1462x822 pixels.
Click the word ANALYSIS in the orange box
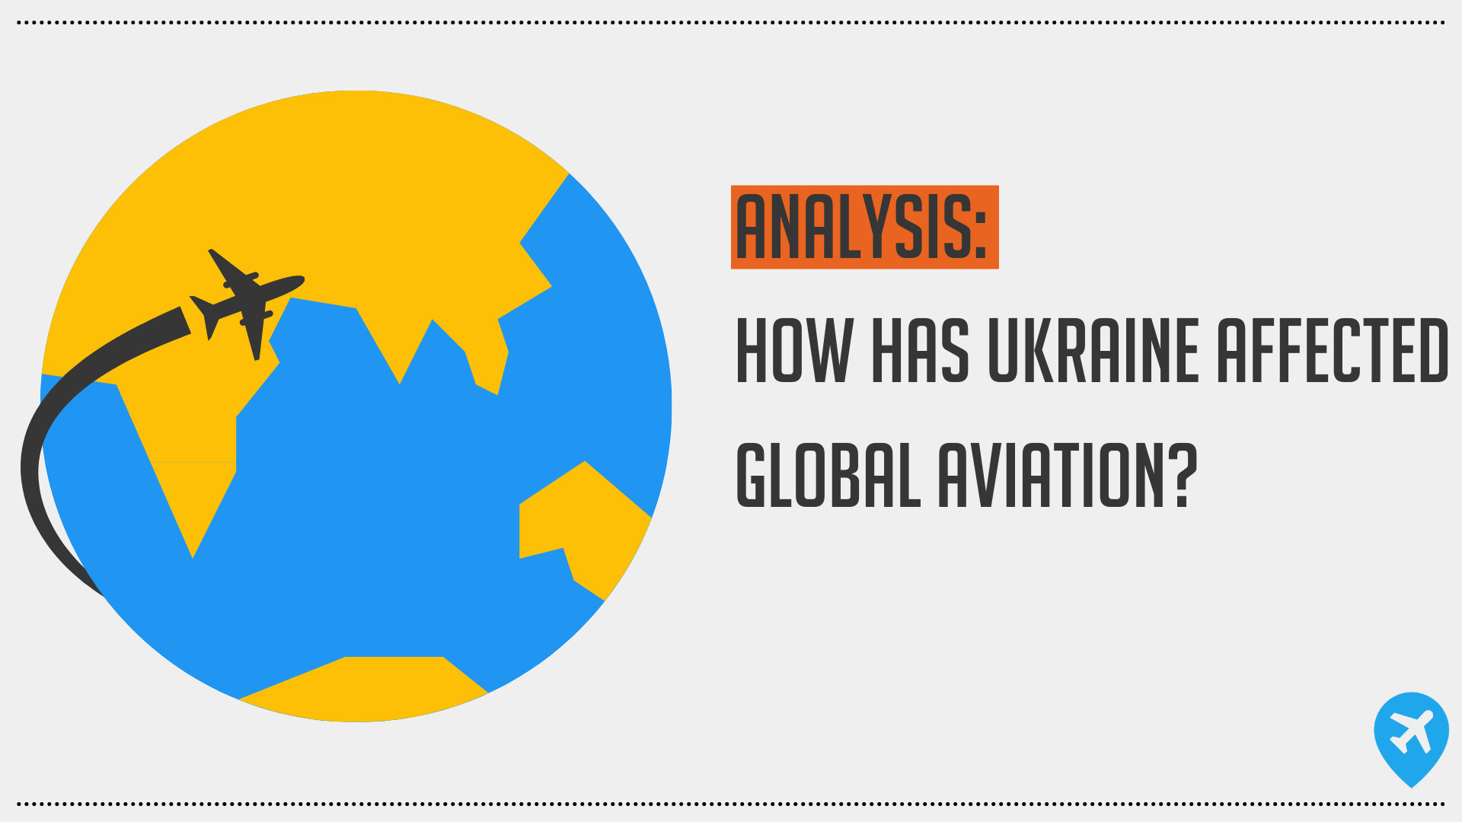tap(852, 227)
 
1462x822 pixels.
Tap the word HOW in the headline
tap(793, 350)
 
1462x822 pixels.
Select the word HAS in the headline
tap(921, 350)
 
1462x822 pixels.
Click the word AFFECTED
tap(1333, 350)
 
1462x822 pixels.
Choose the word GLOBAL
tap(828, 475)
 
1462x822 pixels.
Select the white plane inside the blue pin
tap(1411, 731)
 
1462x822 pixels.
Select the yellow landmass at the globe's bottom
tap(364, 689)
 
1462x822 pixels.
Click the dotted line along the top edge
tap(731, 23)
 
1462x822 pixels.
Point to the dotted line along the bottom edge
tap(731, 804)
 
